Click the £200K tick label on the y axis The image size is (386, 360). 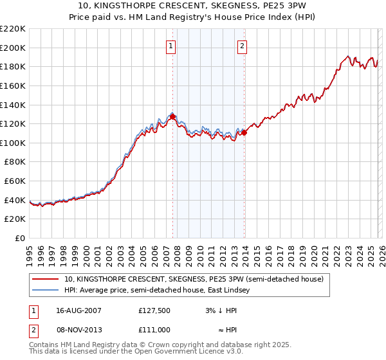pyautogui.click(x=13, y=48)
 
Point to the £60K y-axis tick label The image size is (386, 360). pyautogui.click(x=15, y=181)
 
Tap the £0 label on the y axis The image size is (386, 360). pyautogui.click(x=21, y=239)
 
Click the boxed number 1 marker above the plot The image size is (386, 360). pyautogui.click(x=171, y=46)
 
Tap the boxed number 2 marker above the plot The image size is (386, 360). pyautogui.click(x=243, y=46)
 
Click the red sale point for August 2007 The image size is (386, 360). pyautogui.click(x=172, y=116)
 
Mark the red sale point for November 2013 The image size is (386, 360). pyautogui.click(x=244, y=132)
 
